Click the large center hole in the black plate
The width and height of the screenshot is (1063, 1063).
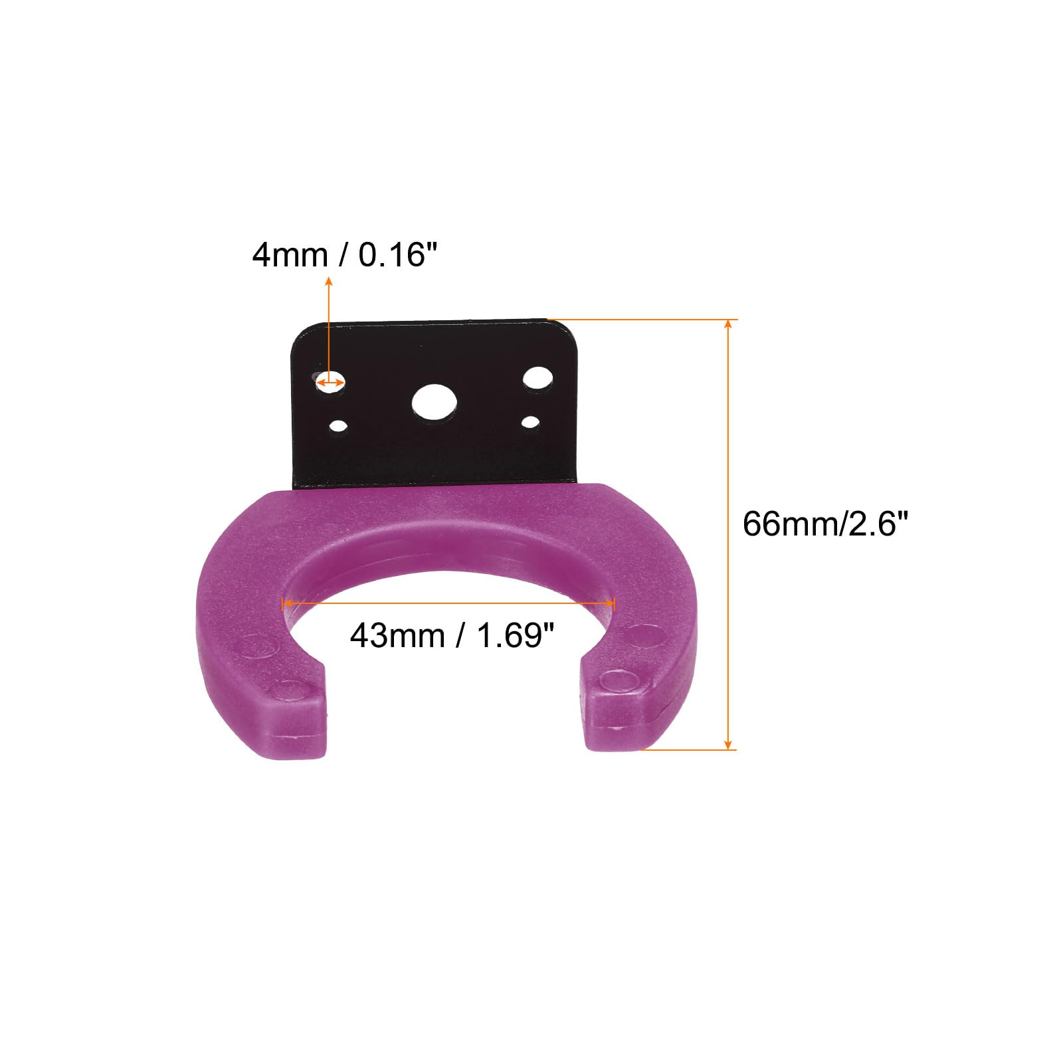(x=435, y=402)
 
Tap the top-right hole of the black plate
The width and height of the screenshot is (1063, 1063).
(x=537, y=378)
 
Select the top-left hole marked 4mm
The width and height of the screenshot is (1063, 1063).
(x=330, y=381)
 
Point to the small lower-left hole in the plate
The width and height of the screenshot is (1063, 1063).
(x=339, y=425)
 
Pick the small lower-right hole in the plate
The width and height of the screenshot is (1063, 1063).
(x=530, y=422)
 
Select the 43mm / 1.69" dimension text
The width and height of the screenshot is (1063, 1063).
(x=452, y=636)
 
